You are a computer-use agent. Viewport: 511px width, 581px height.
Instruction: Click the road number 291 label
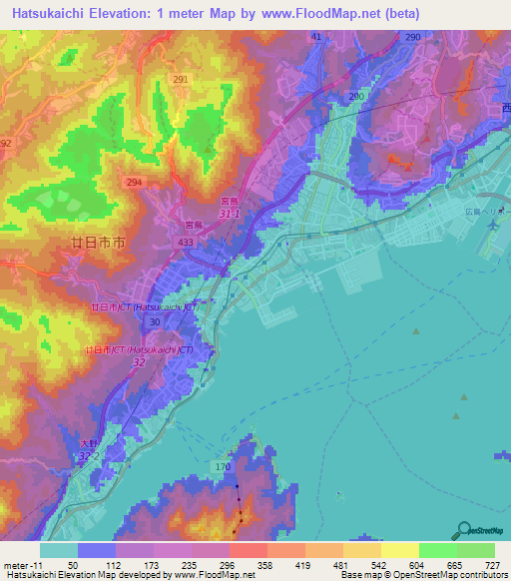(181, 79)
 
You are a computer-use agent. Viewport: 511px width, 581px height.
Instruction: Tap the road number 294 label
(133, 183)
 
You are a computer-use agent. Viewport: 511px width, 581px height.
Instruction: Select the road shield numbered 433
(187, 242)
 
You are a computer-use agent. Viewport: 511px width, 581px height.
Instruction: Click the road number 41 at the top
(316, 36)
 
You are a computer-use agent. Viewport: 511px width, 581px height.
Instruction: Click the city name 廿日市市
(97, 243)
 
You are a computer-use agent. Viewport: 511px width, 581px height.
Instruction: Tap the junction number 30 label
(155, 322)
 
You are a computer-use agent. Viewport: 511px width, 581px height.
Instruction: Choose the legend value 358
(266, 564)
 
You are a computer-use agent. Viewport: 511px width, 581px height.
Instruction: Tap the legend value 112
(116, 564)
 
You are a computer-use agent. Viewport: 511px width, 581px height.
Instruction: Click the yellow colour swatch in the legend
(398, 550)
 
